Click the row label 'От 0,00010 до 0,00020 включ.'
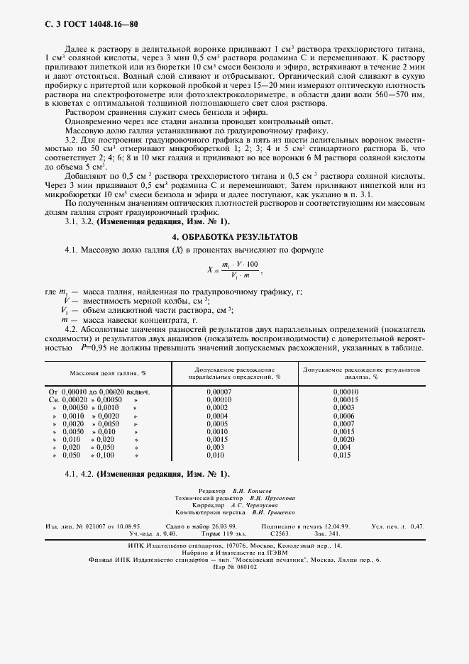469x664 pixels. tap(99, 392)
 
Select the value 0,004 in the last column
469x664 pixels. tap(341, 448)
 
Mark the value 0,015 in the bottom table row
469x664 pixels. tap(341, 455)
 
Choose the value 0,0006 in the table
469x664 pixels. tap(344, 416)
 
